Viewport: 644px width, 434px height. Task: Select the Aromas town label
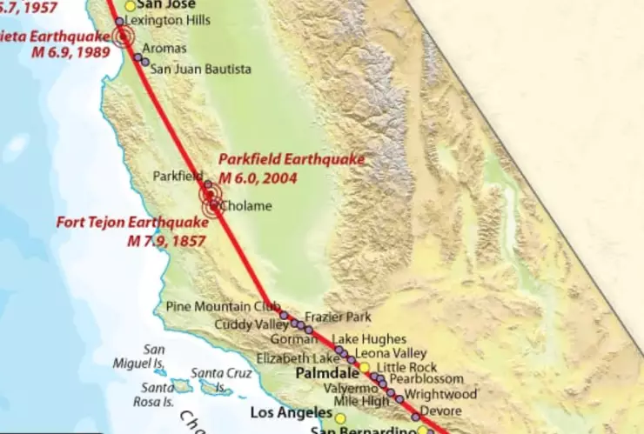164,49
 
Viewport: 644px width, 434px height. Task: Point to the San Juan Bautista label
201,69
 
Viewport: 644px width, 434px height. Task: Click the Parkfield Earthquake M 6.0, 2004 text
291,168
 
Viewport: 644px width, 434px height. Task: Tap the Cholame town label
246,206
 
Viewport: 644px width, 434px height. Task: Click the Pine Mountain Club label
223,306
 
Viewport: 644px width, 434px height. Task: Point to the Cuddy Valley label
253,325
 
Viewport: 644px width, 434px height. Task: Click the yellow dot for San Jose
131,5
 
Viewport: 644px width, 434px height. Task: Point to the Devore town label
434,411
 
